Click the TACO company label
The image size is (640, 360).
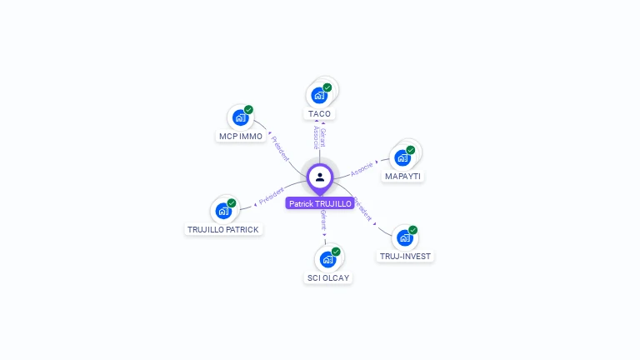click(319, 114)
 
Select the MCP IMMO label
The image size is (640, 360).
click(241, 137)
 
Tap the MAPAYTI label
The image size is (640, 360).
click(403, 177)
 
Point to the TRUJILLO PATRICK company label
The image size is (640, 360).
click(223, 230)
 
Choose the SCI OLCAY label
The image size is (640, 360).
click(328, 278)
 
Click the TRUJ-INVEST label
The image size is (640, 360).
click(406, 257)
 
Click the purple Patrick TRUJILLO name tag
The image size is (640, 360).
click(320, 203)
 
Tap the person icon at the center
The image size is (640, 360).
click(320, 177)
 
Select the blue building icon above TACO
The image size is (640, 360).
click(317, 94)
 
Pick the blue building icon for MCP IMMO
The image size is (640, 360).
click(240, 117)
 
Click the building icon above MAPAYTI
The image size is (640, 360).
click(403, 157)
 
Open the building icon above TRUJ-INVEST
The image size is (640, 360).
click(405, 237)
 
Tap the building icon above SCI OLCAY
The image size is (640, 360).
click(327, 258)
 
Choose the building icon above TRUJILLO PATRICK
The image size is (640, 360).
click(222, 210)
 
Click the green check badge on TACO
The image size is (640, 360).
click(327, 87)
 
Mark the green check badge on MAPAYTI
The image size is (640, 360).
click(411, 150)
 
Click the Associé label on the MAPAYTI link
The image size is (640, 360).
click(362, 169)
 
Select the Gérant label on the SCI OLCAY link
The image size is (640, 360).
click(323, 220)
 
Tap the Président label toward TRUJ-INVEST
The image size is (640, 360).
click(362, 208)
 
